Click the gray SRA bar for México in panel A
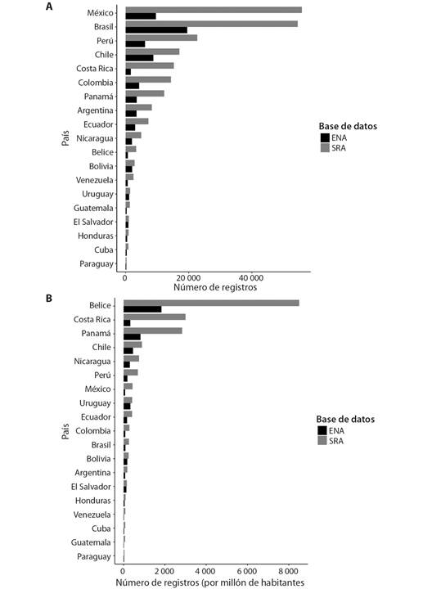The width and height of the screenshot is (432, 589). (x=214, y=10)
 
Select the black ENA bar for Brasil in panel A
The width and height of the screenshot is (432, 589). (x=156, y=30)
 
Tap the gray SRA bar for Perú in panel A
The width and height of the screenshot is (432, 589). (x=161, y=38)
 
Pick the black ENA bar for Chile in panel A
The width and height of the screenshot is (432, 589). (x=139, y=58)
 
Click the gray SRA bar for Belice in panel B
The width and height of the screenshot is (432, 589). (x=211, y=303)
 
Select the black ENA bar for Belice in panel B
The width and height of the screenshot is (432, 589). (x=142, y=309)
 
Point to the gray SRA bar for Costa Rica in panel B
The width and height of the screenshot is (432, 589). (x=155, y=317)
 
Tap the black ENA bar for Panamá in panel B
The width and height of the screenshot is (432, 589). (x=133, y=337)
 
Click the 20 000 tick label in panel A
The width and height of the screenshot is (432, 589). (x=188, y=278)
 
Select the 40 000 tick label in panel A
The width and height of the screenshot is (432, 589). (x=251, y=278)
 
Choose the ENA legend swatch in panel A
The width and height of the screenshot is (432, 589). (x=326, y=138)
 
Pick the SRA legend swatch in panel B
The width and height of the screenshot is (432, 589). (x=322, y=441)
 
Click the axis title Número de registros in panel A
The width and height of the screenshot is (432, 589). (x=215, y=287)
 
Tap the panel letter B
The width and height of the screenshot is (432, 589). (x=49, y=299)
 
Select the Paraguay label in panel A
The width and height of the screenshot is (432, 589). (x=97, y=264)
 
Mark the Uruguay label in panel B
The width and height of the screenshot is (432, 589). (x=95, y=403)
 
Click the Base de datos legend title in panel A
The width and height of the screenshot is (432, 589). (x=348, y=126)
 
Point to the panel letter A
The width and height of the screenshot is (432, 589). (x=49, y=7)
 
